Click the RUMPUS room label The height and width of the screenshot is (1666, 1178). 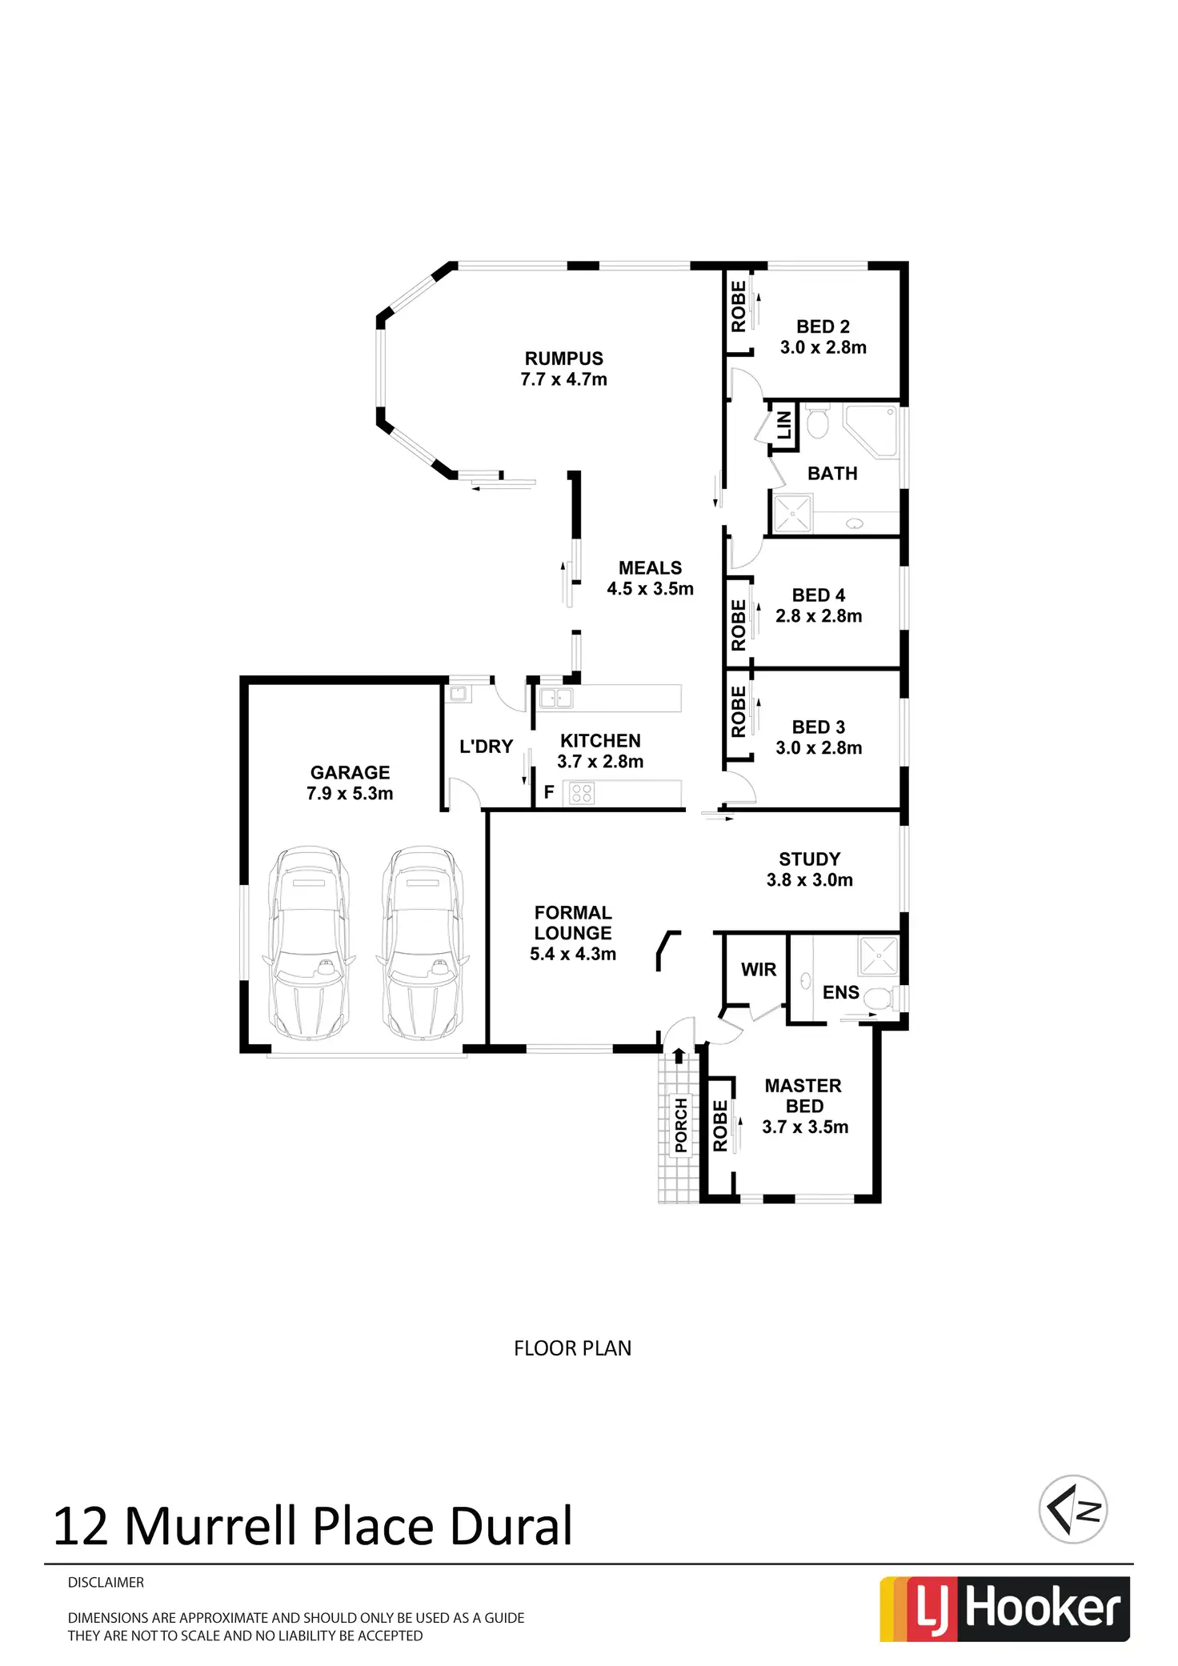tap(563, 358)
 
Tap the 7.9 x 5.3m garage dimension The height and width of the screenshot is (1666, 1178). tap(350, 794)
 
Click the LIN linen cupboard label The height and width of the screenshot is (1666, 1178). tap(784, 425)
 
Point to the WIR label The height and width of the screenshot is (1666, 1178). tap(758, 970)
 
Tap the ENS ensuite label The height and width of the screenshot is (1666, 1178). tap(840, 993)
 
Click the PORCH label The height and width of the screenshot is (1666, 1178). tap(681, 1125)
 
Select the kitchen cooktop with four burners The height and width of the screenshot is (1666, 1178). tap(582, 794)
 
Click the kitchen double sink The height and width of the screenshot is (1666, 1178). tap(555, 698)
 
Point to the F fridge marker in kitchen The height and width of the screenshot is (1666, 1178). tap(549, 793)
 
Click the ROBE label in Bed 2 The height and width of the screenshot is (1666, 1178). tap(738, 306)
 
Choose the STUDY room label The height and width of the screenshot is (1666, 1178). tap(809, 859)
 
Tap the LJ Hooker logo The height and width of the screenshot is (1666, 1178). tap(1004, 1608)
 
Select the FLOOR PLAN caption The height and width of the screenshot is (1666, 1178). tap(572, 1348)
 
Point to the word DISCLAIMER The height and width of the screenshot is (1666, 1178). tap(106, 1583)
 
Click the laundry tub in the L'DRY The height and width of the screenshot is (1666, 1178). tap(459, 694)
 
